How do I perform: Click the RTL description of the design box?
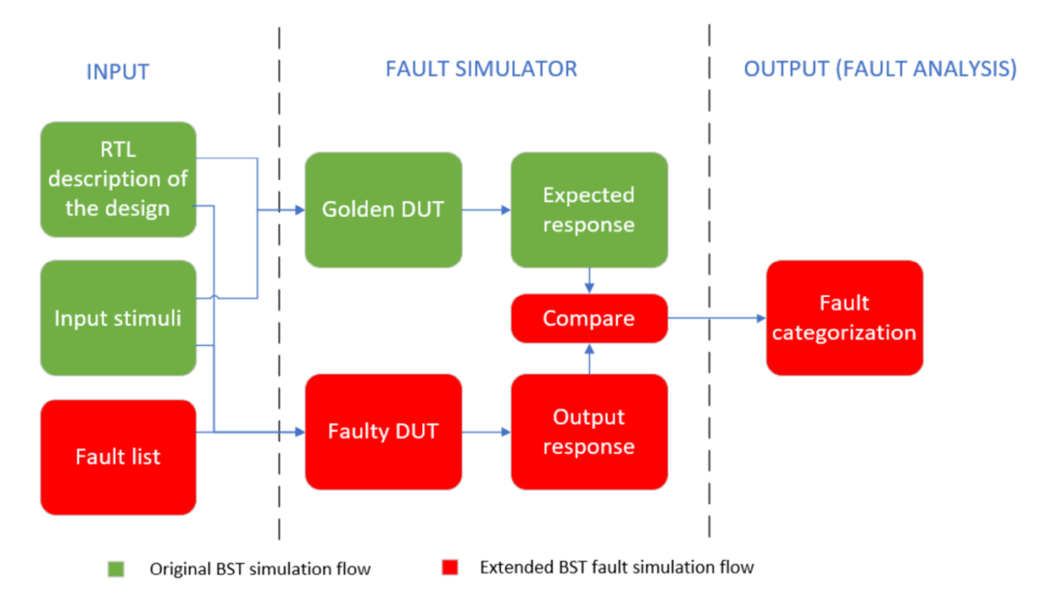pos(118,179)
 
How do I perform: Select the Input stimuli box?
pos(118,318)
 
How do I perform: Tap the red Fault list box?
pos(118,457)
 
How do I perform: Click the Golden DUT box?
pos(383,209)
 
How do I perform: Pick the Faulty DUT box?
pos(383,432)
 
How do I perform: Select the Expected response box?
pos(588,209)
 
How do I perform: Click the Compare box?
pos(588,318)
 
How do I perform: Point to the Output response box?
pos(588,432)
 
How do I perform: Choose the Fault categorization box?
pos(843,318)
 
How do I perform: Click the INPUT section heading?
pos(118,71)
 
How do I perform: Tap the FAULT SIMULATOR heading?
pos(481,69)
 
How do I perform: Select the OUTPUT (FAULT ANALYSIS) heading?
pos(879,69)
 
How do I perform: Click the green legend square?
pos(116,569)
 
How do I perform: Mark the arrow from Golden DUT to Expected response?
pos(486,209)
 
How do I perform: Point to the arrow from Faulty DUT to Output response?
pos(486,432)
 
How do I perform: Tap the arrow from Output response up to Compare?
pos(588,357)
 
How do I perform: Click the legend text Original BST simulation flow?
pos(259,569)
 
